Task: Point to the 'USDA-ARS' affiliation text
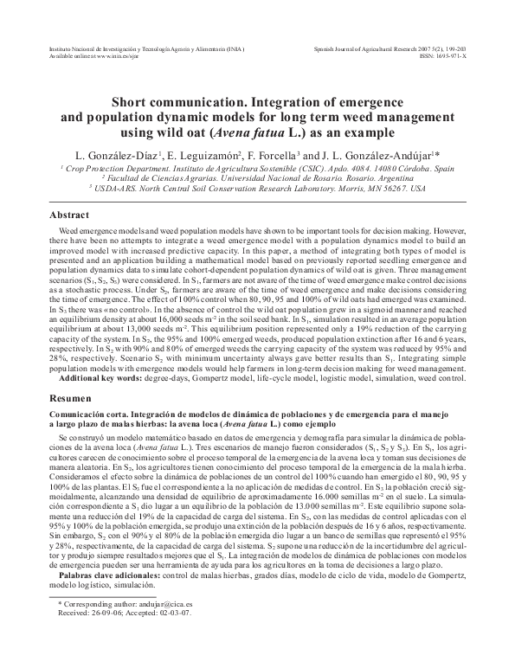click(x=120, y=185)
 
